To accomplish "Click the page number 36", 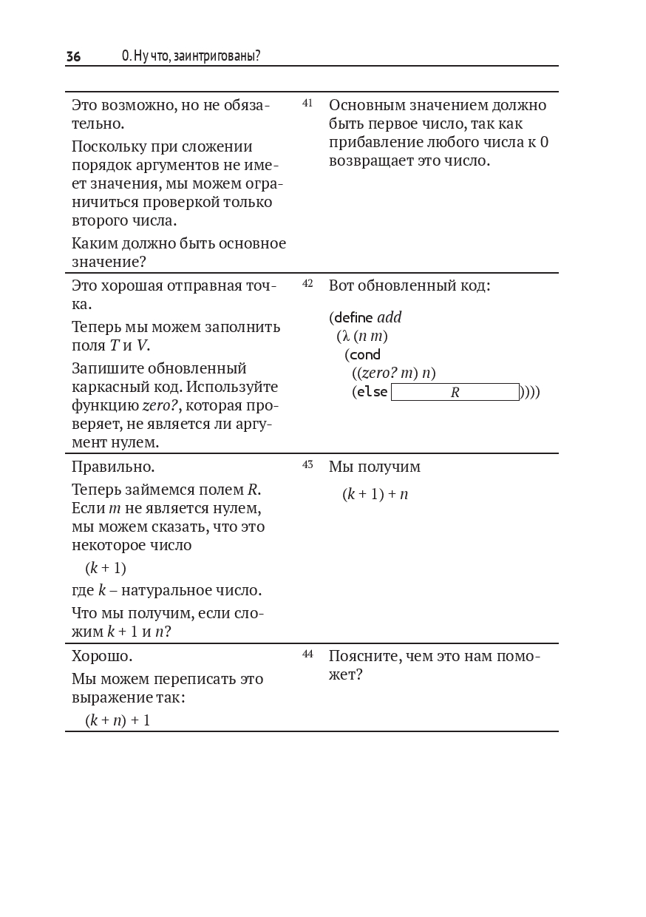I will pyautogui.click(x=73, y=56).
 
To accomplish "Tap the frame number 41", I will pyautogui.click(x=307, y=103).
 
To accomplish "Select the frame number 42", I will pyautogui.click(x=307, y=283).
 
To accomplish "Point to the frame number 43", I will pyautogui.click(x=307, y=464).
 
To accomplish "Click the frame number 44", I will pyautogui.click(x=307, y=654).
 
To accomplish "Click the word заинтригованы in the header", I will pyautogui.click(x=215, y=56).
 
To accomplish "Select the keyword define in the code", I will pyautogui.click(x=353, y=318).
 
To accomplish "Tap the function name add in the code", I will pyautogui.click(x=390, y=318).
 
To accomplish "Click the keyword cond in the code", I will pyautogui.click(x=365, y=355).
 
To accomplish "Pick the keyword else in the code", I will pyautogui.click(x=372, y=392).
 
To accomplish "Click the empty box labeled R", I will pyautogui.click(x=455, y=392).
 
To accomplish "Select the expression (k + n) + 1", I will pyautogui.click(x=118, y=720).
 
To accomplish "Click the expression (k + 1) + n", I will pyautogui.click(x=375, y=494).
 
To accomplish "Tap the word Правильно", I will pyautogui.click(x=113, y=467).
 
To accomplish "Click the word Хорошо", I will pyautogui.click(x=102, y=656).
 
